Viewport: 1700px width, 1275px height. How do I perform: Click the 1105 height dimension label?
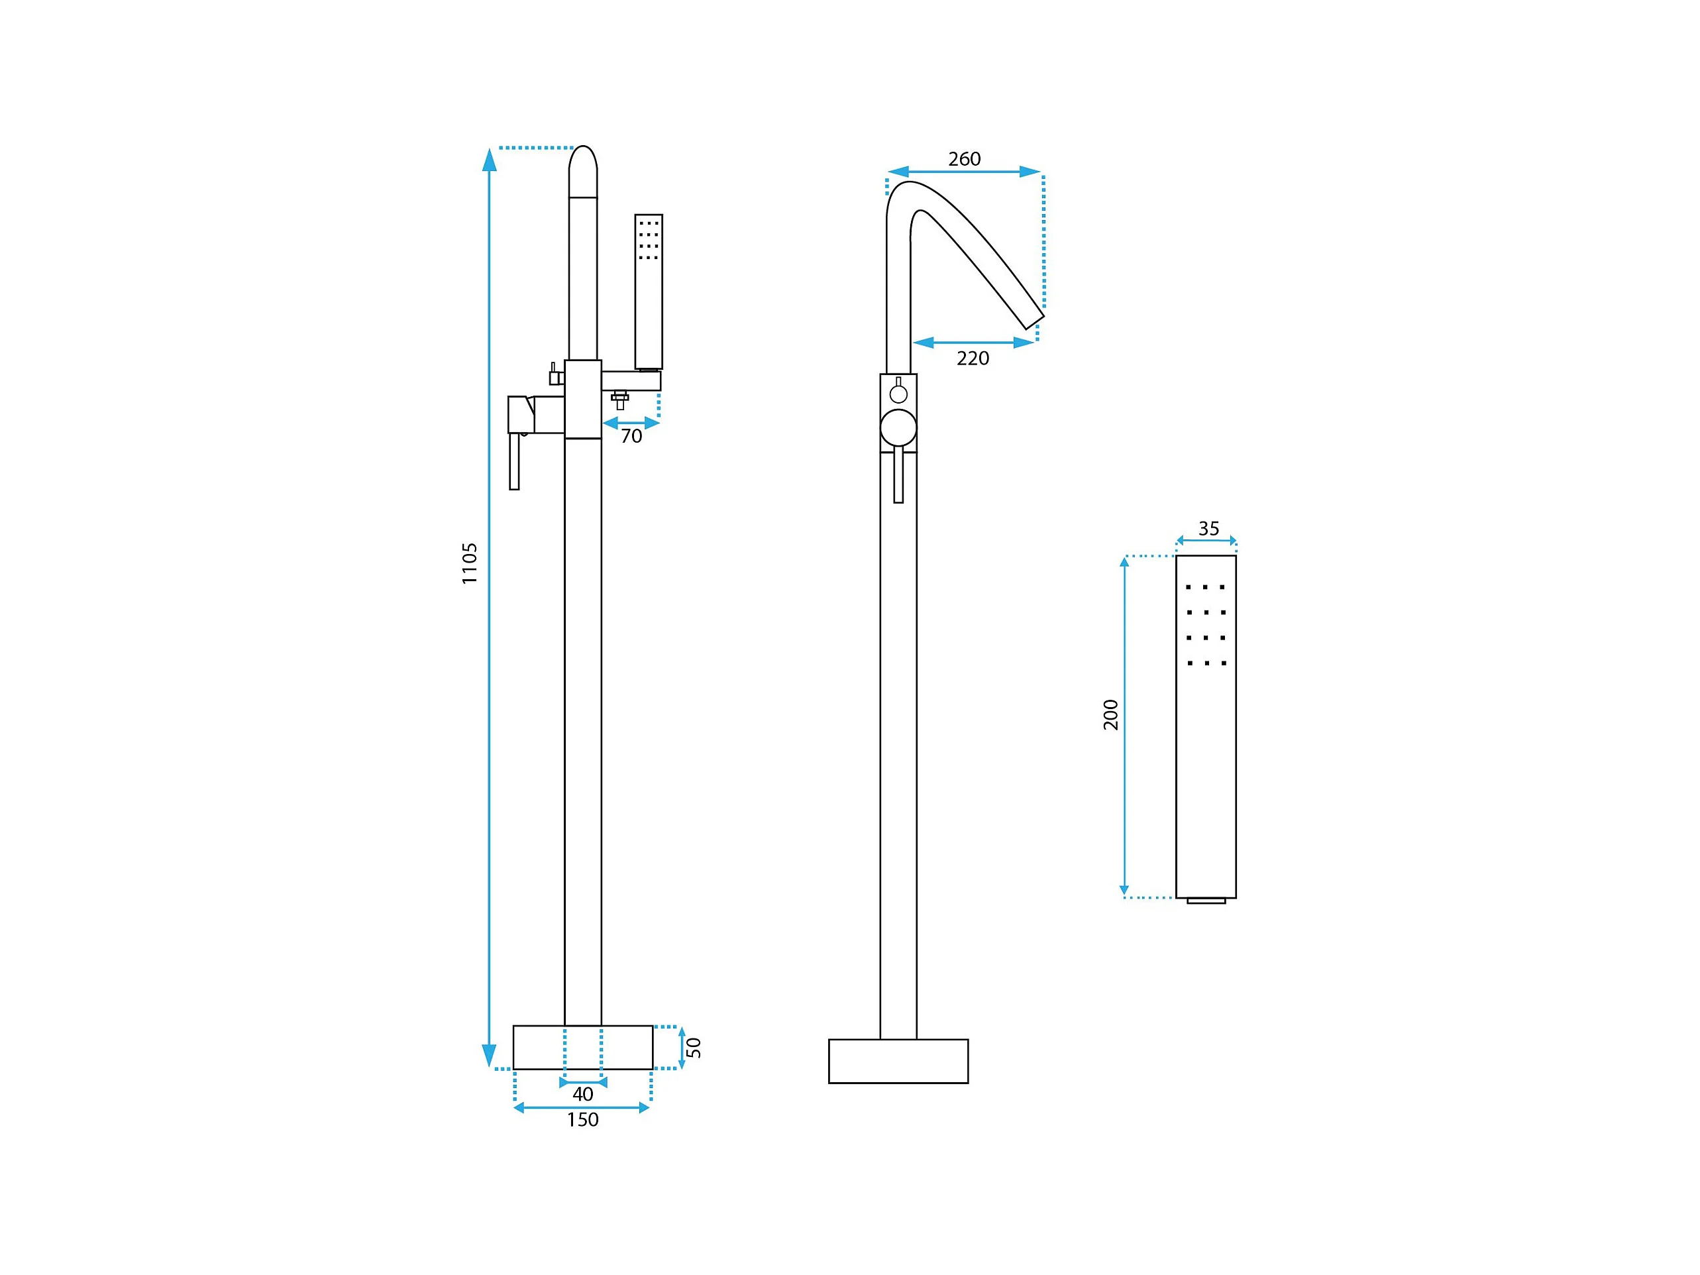470,563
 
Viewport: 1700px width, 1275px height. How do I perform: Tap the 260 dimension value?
964,159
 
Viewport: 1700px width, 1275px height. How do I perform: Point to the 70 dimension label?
631,437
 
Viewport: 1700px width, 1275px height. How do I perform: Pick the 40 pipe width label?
582,1093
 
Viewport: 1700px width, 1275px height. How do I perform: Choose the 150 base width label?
582,1120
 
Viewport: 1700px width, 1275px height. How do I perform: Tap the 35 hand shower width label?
1208,529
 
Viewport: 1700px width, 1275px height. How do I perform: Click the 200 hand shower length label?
1110,714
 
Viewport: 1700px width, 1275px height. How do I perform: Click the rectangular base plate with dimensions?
582,1047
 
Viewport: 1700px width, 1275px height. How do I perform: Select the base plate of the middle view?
898,1062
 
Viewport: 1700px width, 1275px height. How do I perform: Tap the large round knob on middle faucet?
898,427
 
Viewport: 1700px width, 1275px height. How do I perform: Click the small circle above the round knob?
898,394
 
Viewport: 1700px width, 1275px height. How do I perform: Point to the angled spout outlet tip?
1034,322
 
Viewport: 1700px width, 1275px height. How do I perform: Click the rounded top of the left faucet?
582,170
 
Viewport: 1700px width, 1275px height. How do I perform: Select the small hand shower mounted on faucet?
649,292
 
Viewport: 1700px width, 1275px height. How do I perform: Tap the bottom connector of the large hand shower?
1206,901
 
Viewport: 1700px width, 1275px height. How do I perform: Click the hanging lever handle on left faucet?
514,461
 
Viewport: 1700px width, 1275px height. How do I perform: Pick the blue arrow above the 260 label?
964,172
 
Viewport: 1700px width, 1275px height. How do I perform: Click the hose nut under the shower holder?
620,399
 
